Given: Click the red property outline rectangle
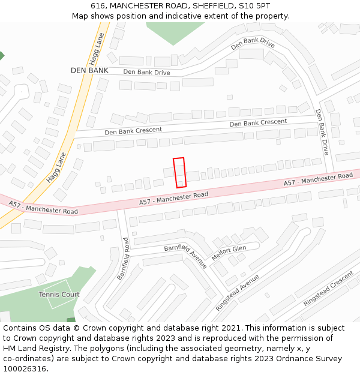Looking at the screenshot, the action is click(x=179, y=172).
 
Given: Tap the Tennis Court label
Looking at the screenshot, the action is click(x=59, y=295).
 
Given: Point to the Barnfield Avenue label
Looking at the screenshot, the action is click(x=185, y=256).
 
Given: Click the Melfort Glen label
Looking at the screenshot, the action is click(x=229, y=249).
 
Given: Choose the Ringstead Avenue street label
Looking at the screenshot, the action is click(x=238, y=292).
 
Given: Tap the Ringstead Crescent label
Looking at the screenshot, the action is click(x=328, y=289).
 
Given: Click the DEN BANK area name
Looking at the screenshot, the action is click(x=89, y=70).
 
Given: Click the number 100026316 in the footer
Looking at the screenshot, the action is click(x=25, y=369).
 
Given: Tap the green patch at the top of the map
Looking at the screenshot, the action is click(x=172, y=32).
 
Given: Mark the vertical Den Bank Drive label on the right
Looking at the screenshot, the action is click(x=323, y=132).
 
